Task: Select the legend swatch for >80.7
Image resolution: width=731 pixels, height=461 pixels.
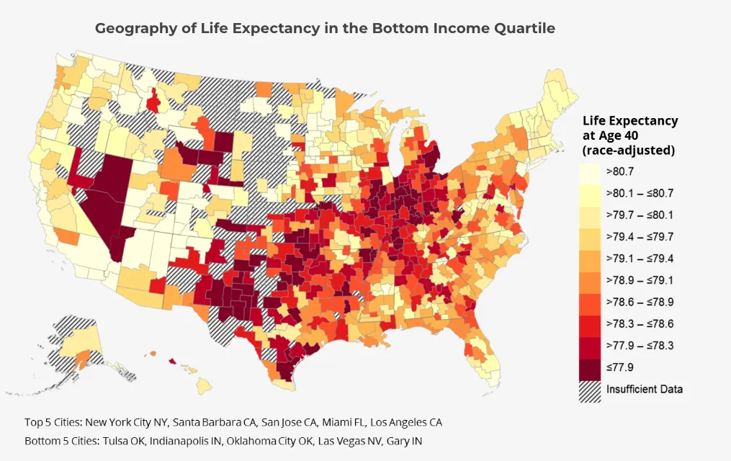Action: pyautogui.click(x=591, y=171)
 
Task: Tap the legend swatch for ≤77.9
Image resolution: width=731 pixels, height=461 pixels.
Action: pyautogui.click(x=591, y=367)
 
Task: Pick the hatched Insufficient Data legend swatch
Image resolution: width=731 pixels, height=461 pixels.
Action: pyautogui.click(x=591, y=389)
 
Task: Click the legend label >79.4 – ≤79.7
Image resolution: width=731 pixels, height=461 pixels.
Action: pyautogui.click(x=640, y=236)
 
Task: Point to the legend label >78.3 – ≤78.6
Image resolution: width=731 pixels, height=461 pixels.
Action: pyautogui.click(x=640, y=323)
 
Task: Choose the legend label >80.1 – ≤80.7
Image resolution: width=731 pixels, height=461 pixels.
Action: pyautogui.click(x=640, y=193)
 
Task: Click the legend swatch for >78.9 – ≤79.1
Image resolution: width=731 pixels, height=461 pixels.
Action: pyautogui.click(x=591, y=280)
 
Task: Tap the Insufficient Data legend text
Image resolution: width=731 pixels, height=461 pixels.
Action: pyautogui.click(x=644, y=389)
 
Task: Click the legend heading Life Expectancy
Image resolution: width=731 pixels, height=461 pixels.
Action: pyautogui.click(x=630, y=121)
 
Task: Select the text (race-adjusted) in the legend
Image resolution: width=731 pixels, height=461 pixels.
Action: pyautogui.click(x=628, y=151)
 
